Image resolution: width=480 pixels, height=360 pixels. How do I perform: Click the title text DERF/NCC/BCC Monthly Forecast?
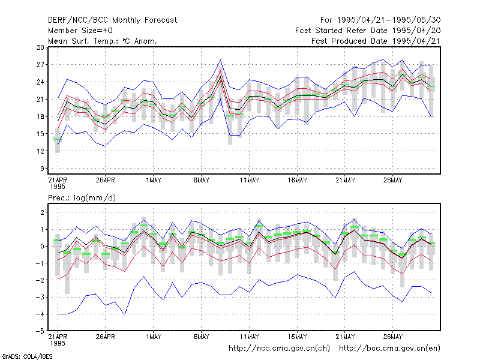point(112,20)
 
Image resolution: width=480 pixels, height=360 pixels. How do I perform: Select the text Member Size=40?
point(80,31)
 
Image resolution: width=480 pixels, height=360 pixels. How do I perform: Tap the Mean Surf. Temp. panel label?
point(102,41)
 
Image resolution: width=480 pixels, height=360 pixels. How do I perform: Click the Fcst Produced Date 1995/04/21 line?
point(376,41)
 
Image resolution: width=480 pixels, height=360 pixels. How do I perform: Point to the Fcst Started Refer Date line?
point(368,31)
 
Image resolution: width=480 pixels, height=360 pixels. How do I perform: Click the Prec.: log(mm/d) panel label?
point(82,198)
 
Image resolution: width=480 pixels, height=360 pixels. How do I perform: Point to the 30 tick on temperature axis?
point(40,47)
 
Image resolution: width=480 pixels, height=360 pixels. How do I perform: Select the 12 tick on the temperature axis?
point(40,151)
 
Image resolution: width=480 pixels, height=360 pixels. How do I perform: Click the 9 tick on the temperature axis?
point(42,169)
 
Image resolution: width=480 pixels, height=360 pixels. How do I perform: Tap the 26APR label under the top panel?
point(106,181)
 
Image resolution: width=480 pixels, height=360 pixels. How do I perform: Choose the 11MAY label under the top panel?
point(249,181)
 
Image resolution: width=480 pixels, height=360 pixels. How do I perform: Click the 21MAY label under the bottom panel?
point(345,337)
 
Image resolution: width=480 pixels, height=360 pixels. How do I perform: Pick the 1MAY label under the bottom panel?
point(154,337)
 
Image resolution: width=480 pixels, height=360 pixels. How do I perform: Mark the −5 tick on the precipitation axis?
point(40,331)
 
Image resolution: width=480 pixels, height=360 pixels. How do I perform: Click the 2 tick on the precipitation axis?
point(42,212)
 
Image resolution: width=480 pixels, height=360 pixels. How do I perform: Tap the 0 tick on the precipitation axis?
point(42,247)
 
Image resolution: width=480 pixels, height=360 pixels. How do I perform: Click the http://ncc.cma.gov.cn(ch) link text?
point(280,349)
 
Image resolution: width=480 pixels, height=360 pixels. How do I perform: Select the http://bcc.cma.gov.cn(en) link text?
point(389,349)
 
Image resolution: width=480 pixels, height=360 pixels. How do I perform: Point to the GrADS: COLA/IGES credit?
point(27,356)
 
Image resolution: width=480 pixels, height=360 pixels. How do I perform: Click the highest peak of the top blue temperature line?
point(383,59)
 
